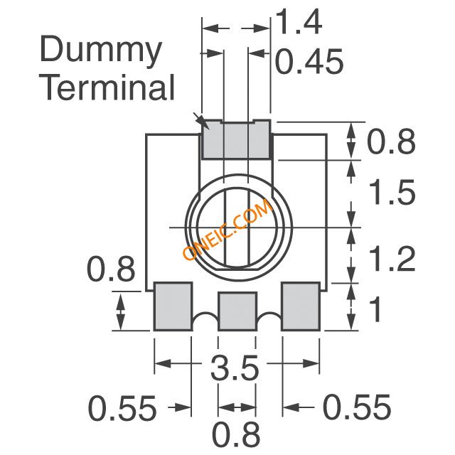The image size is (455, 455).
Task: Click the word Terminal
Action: [x=109, y=87]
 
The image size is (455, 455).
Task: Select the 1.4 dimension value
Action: [x=299, y=22]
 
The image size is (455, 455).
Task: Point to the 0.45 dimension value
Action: [x=309, y=62]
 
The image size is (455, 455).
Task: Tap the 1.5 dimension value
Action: [x=392, y=192]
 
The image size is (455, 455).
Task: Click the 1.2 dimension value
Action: [x=392, y=259]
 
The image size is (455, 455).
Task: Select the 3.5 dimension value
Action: [x=234, y=368]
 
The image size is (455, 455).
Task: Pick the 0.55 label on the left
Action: [x=122, y=407]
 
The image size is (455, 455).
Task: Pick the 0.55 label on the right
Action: [x=357, y=407]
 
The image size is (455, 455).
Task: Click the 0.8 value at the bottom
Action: [x=236, y=434]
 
